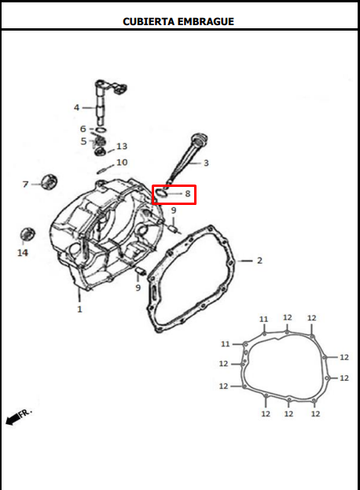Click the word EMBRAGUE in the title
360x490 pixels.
coord(206,21)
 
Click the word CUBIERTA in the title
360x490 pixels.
coord(149,21)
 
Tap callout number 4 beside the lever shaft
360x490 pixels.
coord(76,108)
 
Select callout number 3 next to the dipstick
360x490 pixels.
coord(206,163)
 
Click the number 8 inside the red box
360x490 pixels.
coord(188,194)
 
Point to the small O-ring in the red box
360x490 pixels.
coord(161,193)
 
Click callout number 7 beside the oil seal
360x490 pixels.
coord(26,185)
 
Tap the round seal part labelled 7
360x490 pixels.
coord(49,181)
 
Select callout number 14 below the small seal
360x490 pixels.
coord(23,253)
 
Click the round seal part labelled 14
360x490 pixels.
coord(28,234)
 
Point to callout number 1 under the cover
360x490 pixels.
coord(79,309)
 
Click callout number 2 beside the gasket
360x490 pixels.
coord(259,261)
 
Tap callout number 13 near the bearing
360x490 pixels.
coord(122,146)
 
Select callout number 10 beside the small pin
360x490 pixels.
coord(122,163)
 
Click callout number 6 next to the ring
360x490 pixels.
coord(83,129)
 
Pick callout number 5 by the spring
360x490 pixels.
coord(83,141)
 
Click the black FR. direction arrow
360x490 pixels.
coord(13,419)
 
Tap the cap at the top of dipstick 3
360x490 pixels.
coord(200,138)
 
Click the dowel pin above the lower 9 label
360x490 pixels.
coord(139,271)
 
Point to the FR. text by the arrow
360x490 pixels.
coord(26,412)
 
